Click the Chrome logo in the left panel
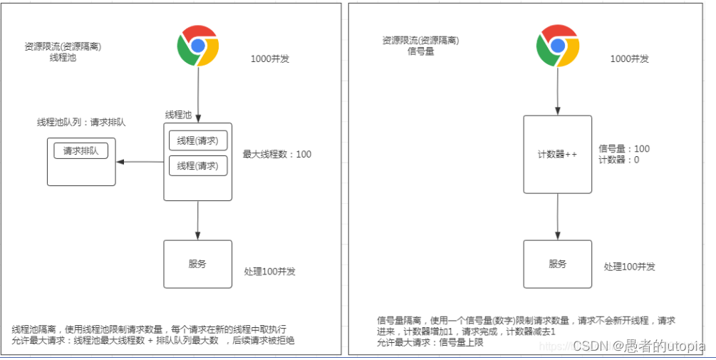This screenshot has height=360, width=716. click(197, 46)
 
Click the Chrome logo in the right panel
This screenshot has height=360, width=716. click(557, 46)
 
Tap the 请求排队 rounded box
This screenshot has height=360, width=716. click(81, 151)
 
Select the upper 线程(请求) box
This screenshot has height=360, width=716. click(198, 140)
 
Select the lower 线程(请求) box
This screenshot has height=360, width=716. click(198, 165)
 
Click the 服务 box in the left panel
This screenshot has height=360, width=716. click(197, 264)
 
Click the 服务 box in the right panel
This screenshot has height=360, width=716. click(557, 264)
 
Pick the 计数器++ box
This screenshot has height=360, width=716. click(557, 154)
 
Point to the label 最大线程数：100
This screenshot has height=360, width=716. click(277, 154)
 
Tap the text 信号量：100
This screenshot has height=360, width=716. click(624, 149)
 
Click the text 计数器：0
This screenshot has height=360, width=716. click(618, 160)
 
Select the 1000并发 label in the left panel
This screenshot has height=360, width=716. click(270, 59)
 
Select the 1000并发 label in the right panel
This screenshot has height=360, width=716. click(630, 59)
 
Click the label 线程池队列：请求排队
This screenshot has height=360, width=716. click(81, 123)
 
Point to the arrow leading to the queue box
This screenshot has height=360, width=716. click(140, 162)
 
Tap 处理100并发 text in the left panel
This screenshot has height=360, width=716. click(269, 272)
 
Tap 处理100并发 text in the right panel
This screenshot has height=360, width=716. click(629, 267)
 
